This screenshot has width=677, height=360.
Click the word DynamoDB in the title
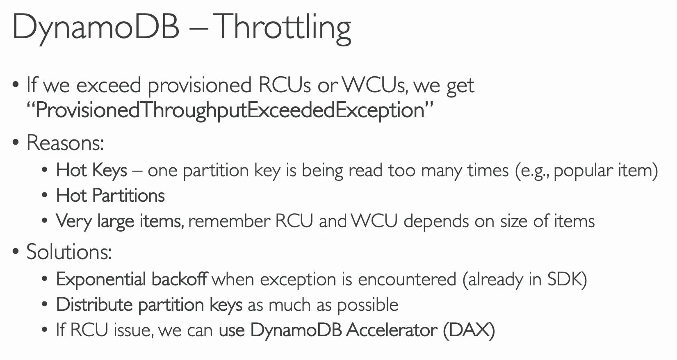coord(96,28)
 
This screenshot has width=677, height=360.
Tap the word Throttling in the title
coord(284,28)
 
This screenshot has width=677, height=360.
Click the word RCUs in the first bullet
coord(285,85)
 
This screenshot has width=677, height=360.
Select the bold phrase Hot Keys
coord(91,171)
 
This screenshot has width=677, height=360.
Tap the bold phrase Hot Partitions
coord(110,196)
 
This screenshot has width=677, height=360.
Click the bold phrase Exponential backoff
coord(132,279)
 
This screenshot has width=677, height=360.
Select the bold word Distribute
coord(94,304)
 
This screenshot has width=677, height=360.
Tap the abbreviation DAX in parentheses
coord(469,330)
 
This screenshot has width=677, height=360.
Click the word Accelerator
coord(392,330)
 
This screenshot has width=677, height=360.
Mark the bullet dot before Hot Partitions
coord(45,195)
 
